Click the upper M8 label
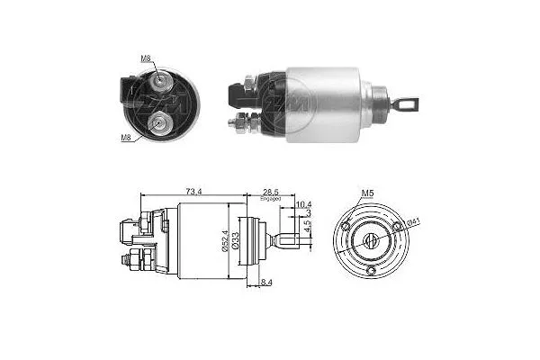(146, 58)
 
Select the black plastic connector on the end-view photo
(126, 93)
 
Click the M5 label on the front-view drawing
(367, 193)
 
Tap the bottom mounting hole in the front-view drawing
(370, 269)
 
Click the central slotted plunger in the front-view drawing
(370, 239)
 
